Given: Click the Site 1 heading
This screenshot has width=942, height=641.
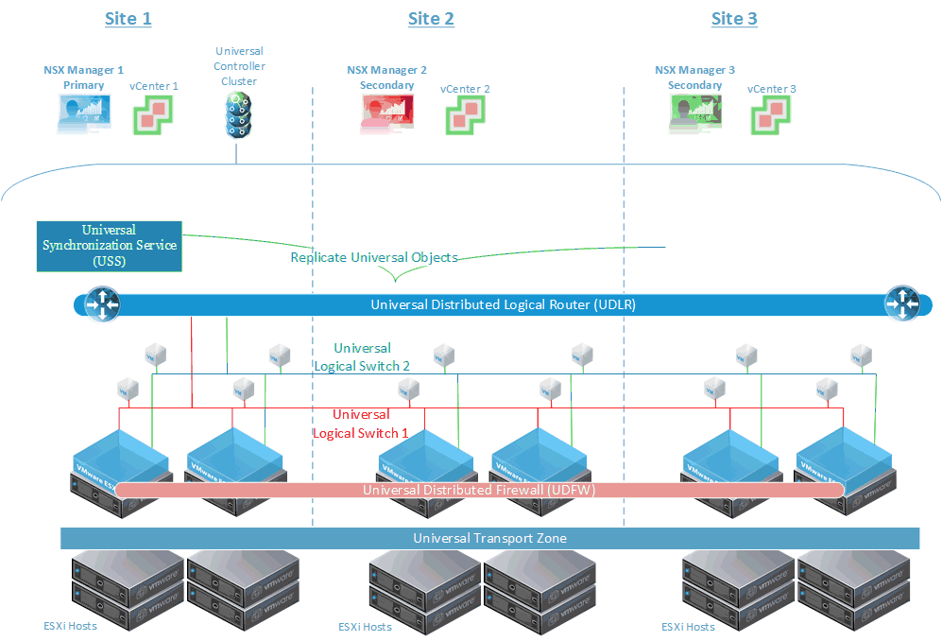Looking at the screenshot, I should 128,19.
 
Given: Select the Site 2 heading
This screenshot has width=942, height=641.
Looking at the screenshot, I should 431,19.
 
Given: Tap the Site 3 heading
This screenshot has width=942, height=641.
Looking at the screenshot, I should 734,19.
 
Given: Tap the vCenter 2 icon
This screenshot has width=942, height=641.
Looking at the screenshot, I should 465,117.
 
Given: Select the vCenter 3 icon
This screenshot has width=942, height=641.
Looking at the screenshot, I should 770,117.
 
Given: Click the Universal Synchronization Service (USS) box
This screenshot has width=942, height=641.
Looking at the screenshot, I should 109,246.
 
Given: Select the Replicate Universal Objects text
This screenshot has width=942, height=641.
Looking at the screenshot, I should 374,257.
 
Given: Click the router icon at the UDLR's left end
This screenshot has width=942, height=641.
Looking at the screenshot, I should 101,303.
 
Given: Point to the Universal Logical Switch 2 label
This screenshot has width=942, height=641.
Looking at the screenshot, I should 362,357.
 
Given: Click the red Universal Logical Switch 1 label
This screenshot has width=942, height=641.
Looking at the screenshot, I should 361,424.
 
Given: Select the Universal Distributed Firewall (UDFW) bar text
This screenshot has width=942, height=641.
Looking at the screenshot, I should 478,490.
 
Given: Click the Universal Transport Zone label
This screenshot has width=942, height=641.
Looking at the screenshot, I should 489,538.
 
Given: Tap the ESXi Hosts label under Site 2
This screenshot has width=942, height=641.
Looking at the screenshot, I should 365,627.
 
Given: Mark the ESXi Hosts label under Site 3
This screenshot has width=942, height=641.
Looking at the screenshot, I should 688,627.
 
